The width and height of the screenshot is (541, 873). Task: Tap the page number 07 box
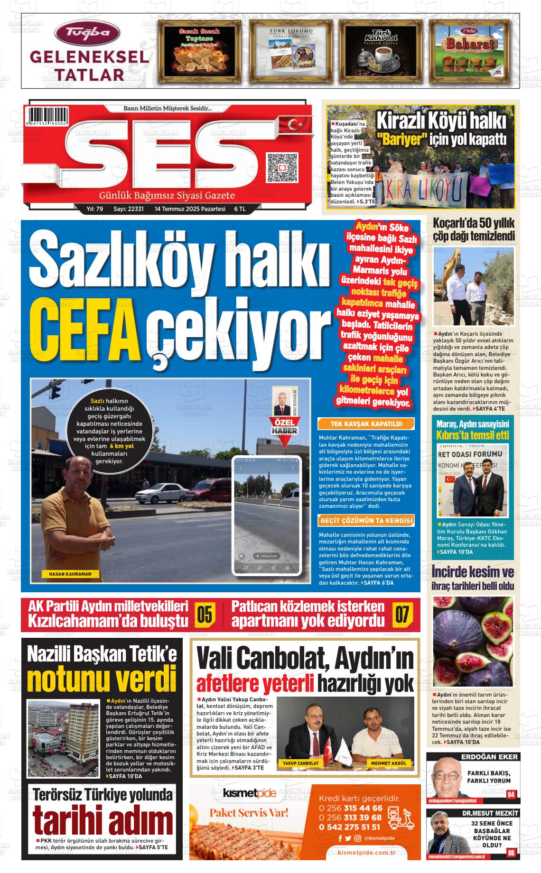401,615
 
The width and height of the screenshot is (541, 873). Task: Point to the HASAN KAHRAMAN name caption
70,574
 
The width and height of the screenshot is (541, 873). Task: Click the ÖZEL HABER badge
284,427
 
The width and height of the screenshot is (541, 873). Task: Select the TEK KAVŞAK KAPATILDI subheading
366,423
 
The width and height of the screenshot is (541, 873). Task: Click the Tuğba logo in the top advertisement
87,33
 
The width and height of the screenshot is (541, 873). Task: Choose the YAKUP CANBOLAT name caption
300,763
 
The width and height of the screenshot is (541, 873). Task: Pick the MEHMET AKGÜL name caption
389,763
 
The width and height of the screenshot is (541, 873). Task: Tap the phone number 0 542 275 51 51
351,827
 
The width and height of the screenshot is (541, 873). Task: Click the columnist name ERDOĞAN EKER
489,757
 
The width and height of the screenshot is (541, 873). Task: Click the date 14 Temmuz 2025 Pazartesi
190,209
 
